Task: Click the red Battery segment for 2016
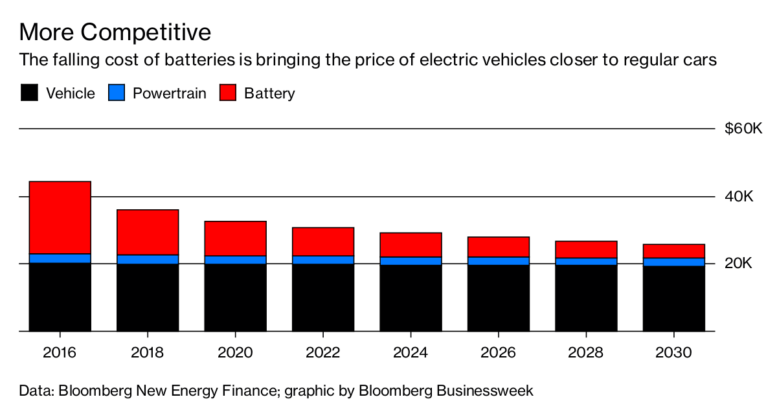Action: pyautogui.click(x=60, y=218)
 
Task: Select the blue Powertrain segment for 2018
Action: pyautogui.click(x=148, y=260)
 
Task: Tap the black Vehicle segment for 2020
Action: pyautogui.click(x=235, y=298)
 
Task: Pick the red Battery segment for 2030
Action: pyautogui.click(x=673, y=251)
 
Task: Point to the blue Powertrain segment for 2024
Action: pyautogui.click(x=411, y=261)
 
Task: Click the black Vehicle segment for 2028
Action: pyautogui.click(x=586, y=299)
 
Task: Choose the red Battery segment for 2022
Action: pyautogui.click(x=323, y=242)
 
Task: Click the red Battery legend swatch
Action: pyautogui.click(x=228, y=93)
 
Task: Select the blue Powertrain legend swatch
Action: pyautogui.click(x=117, y=93)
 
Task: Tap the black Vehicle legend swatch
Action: pyautogui.click(x=29, y=93)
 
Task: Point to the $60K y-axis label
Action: pyautogui.click(x=743, y=129)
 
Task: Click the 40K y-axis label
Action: pyautogui.click(x=739, y=196)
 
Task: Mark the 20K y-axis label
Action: pyautogui.click(x=739, y=264)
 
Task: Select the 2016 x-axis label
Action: pyautogui.click(x=60, y=353)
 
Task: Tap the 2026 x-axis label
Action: pyautogui.click(x=498, y=353)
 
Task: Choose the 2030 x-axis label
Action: pyautogui.click(x=673, y=353)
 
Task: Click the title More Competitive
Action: pyautogui.click(x=115, y=32)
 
